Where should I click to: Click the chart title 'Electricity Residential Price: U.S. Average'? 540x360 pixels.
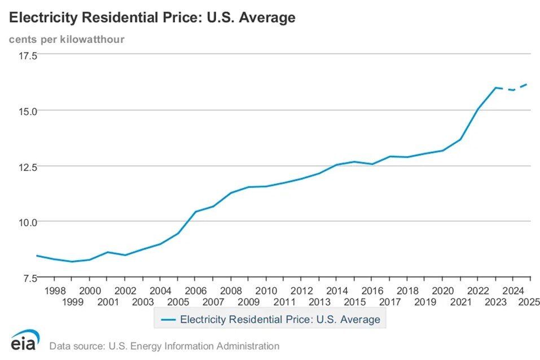[152, 17]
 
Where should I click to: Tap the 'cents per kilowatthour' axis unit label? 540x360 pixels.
[66, 39]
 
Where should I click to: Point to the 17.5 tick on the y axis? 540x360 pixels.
[27, 55]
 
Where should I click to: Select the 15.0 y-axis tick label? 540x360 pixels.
[27, 111]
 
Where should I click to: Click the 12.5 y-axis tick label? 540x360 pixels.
[27, 166]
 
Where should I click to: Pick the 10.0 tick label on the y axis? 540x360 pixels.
[27, 222]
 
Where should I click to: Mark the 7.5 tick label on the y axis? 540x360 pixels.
[29, 278]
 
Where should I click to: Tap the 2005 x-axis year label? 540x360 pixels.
[178, 301]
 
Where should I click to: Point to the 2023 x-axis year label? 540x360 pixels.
[495, 301]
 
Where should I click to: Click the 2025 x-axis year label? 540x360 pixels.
[530, 301]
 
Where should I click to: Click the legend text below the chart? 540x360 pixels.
[280, 319]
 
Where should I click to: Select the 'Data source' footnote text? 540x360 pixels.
[164, 346]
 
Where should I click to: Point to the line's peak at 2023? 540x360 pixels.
[495, 87]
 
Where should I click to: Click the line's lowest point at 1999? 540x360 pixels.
[72, 261]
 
